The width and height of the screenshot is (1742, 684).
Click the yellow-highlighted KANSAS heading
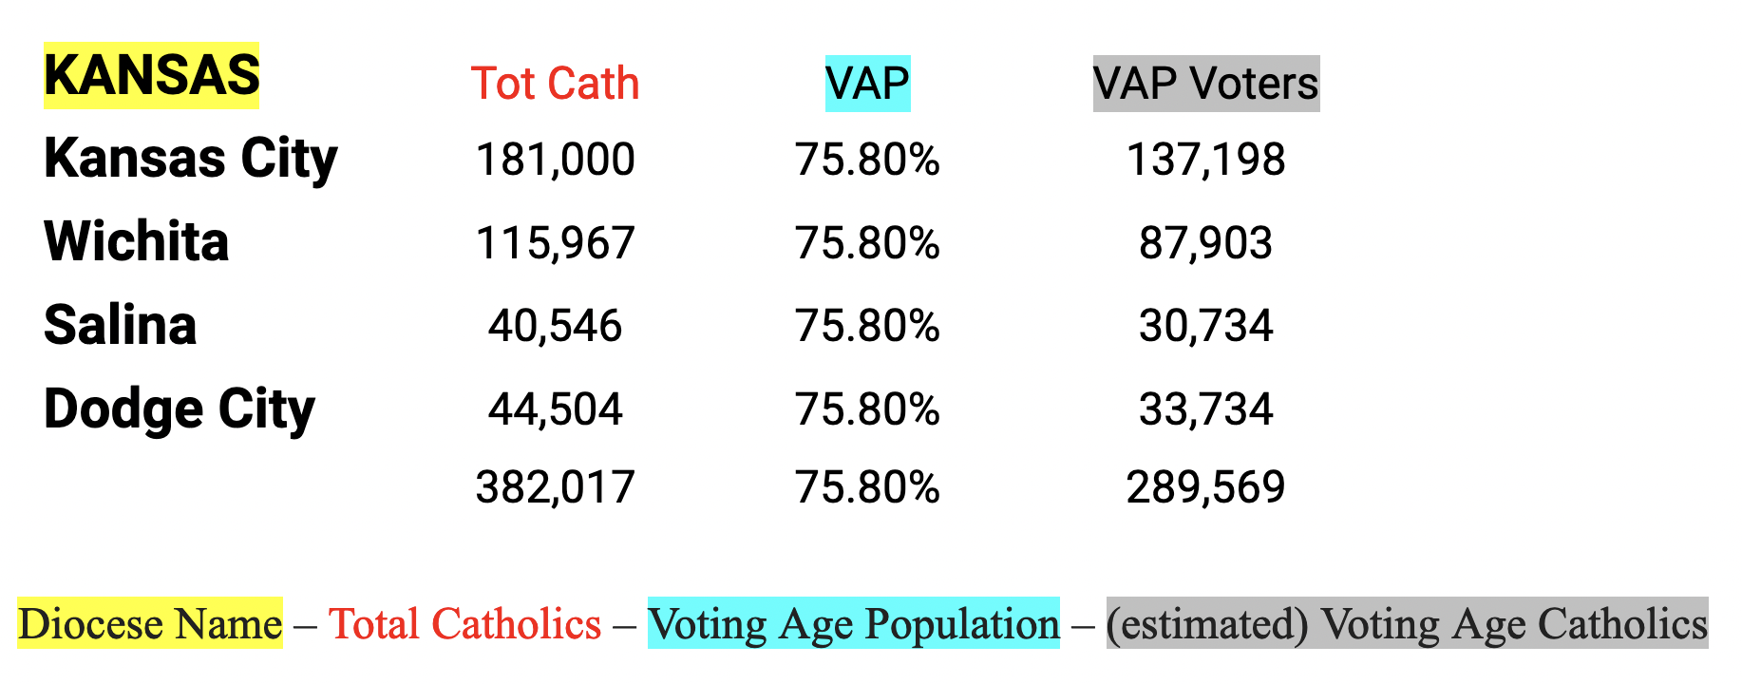click(x=151, y=75)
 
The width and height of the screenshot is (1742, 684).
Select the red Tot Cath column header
click(x=555, y=84)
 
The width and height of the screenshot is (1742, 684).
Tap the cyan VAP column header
click(x=867, y=84)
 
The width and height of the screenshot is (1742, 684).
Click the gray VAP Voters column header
click(x=1205, y=84)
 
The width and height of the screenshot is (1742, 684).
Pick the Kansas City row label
click(x=190, y=159)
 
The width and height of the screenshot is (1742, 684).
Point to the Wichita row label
click(x=136, y=241)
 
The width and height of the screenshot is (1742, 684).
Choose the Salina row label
click(x=120, y=325)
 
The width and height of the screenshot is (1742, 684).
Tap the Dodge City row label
click(x=179, y=409)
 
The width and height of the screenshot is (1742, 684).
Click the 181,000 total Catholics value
click(x=555, y=160)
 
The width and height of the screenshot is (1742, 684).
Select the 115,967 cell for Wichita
click(x=555, y=243)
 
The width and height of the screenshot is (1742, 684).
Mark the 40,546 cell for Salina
click(x=555, y=326)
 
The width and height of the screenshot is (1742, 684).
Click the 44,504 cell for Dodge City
click(x=555, y=409)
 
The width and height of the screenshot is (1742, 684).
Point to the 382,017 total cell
click(x=555, y=487)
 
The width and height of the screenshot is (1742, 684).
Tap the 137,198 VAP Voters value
click(x=1205, y=160)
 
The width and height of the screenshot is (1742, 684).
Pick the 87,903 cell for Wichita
click(x=1205, y=243)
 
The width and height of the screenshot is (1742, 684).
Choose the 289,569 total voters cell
click(x=1205, y=487)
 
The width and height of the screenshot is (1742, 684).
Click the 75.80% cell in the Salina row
click(x=867, y=326)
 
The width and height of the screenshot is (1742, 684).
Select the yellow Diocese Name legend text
click(x=150, y=624)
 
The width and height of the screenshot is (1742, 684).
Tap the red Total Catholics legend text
click(x=464, y=624)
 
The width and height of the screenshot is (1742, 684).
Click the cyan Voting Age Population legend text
click(x=853, y=624)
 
